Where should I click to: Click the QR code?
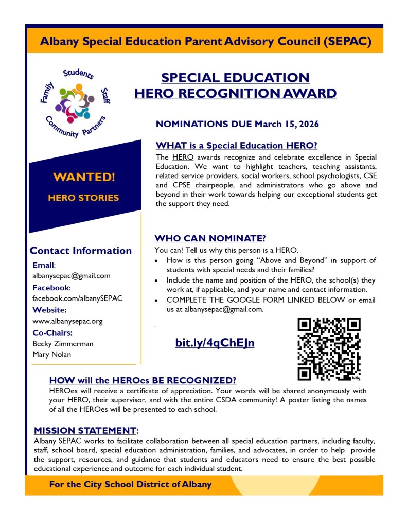coord(329,348)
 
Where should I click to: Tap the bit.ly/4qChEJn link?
coord(215,343)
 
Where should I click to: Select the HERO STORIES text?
coord(83,198)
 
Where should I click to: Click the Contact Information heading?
coord(81,251)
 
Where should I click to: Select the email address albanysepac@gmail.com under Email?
coord(71,276)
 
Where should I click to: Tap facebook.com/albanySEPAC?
coord(77,298)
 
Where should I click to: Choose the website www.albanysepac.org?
coord(67,321)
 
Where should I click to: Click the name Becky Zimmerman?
coord(63,344)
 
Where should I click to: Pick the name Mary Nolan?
coord(52,354)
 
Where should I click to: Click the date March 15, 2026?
coord(289,124)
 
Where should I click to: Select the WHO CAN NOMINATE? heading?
coord(210,238)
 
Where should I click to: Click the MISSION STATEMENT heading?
coord(86,430)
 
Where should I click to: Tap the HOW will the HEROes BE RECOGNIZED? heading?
coord(143,380)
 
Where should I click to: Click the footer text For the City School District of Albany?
coord(130,484)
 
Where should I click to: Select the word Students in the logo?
coord(78,75)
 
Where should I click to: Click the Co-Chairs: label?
coord(52,333)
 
